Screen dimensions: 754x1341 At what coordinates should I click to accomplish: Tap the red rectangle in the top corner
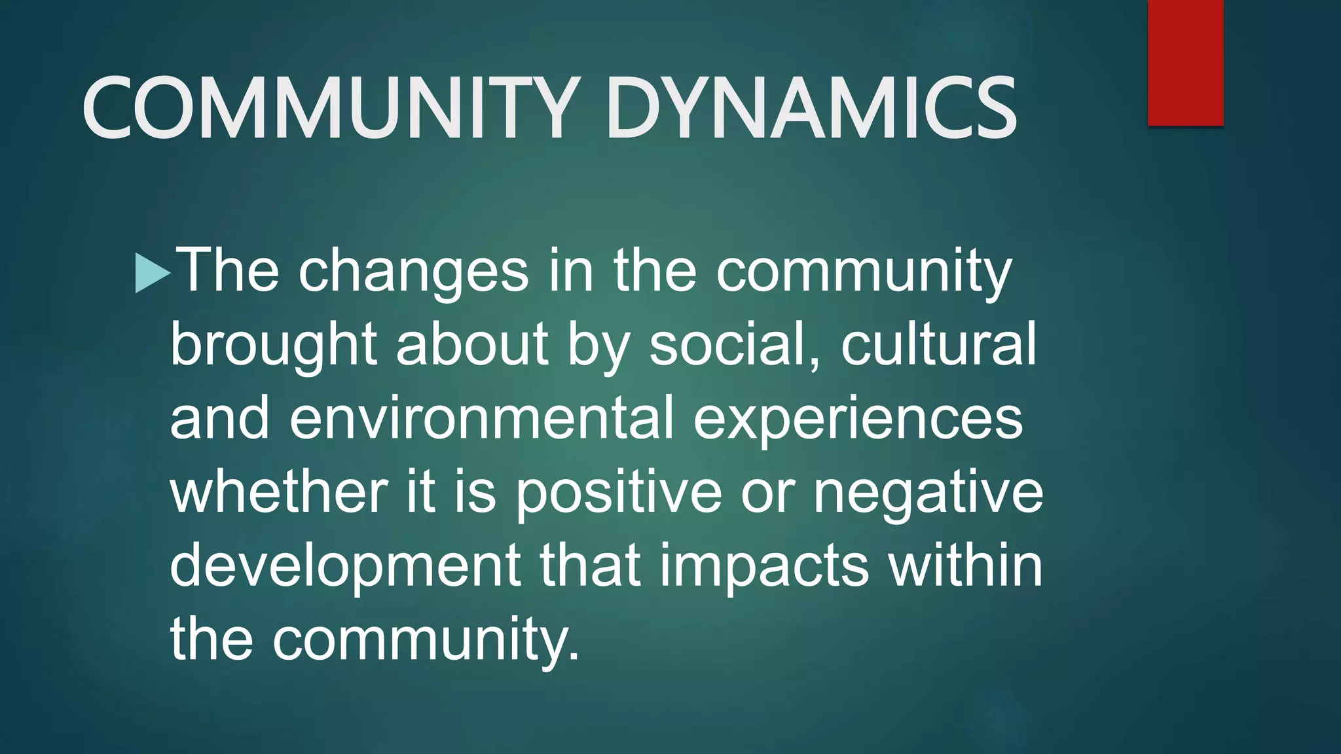tap(1185, 62)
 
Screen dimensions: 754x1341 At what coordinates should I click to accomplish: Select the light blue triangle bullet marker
tap(151, 272)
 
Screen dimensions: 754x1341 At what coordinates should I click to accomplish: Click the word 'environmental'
tap(481, 418)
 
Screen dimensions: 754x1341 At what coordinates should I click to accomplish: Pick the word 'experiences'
tap(858, 420)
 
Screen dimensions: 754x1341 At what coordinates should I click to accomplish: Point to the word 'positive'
tap(618, 493)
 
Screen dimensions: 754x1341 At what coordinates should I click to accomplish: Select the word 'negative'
tap(928, 493)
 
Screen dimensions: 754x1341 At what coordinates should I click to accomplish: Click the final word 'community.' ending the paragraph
tap(426, 639)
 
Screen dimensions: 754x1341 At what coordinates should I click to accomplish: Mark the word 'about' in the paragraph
tap(471, 346)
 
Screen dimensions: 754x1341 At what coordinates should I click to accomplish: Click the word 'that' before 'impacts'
tap(590, 565)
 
